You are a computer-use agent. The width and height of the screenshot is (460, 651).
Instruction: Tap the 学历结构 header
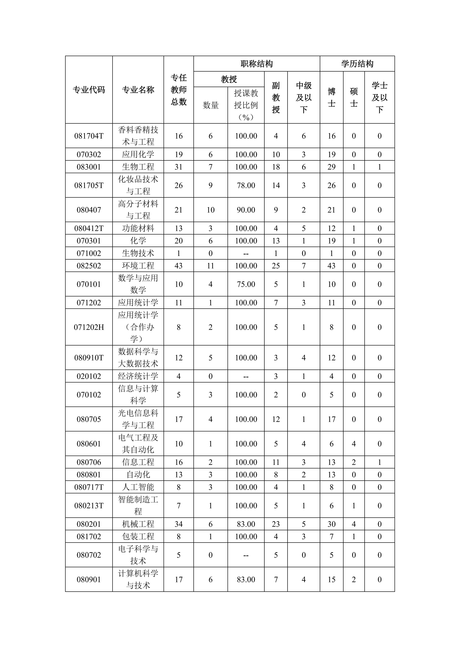pos(357,64)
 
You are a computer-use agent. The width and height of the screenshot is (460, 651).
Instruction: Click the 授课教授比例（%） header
pos(246,105)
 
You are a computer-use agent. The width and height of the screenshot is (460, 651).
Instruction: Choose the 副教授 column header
pos(276,98)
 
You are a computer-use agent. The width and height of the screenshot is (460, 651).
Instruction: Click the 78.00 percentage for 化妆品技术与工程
pos(246,185)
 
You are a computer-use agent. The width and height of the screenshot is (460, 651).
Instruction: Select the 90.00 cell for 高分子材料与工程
pos(246,210)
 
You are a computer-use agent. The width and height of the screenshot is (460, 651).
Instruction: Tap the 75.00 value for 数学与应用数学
pos(246,284)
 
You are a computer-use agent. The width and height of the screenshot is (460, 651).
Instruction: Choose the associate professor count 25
pos(276,266)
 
